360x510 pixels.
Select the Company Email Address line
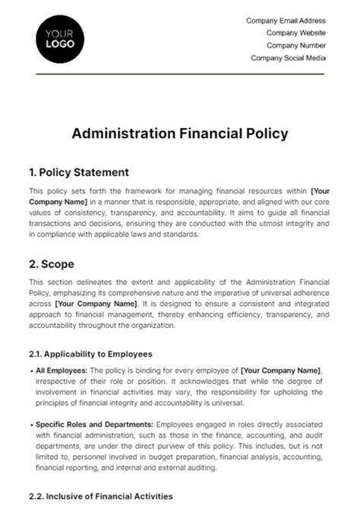(286, 20)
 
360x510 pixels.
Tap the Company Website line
(296, 33)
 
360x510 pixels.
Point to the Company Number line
(295, 45)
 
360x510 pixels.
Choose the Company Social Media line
(289, 58)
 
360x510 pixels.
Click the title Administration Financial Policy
(179, 134)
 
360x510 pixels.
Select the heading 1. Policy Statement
(78, 172)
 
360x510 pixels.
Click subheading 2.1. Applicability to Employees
(90, 354)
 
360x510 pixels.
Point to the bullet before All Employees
(31, 370)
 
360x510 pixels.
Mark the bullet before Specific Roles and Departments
(31, 423)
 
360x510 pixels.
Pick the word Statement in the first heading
(102, 172)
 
